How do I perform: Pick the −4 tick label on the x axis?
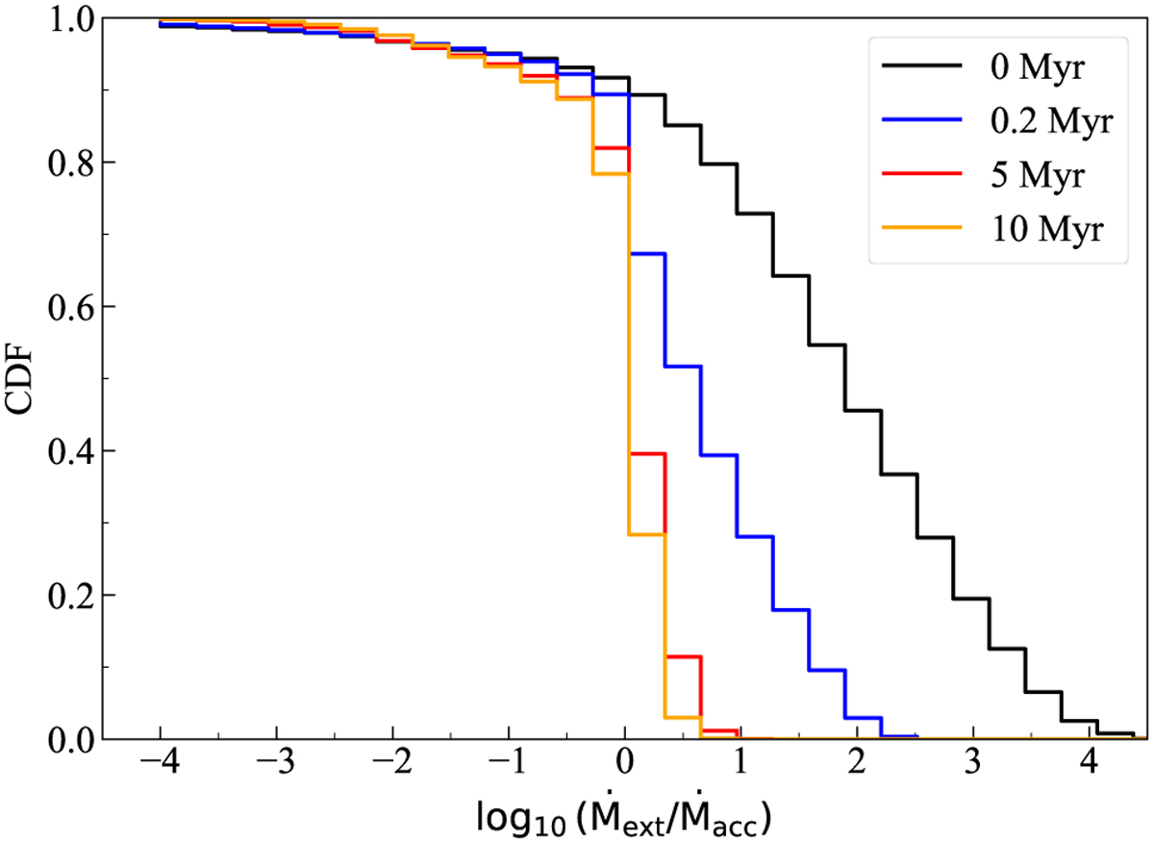160,770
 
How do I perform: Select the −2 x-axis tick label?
392,770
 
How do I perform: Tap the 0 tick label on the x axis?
625,770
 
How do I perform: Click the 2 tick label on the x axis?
857,770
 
